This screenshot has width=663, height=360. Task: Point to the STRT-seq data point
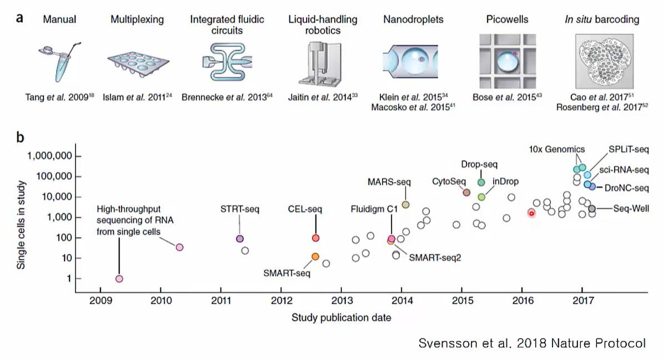click(240, 239)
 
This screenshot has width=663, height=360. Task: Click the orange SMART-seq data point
click(315, 257)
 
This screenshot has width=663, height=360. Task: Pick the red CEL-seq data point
click(315, 238)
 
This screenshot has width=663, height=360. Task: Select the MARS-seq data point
click(405, 204)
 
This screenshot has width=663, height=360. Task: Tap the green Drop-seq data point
click(481, 182)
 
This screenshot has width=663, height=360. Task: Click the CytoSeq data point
click(466, 192)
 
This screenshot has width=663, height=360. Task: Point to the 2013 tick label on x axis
click(341, 302)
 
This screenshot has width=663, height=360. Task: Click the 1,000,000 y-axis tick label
click(49, 156)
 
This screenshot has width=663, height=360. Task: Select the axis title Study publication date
click(341, 318)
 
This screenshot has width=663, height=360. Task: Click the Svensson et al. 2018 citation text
click(532, 343)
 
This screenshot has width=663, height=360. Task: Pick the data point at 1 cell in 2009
click(119, 278)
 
